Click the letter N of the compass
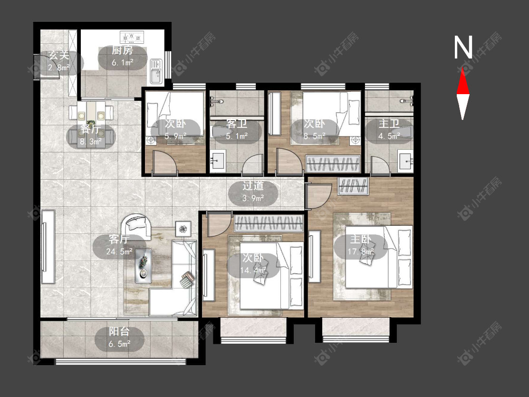tap(463, 47)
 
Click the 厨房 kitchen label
tap(123, 50)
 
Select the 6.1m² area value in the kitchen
tap(123, 62)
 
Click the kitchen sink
tap(156, 71)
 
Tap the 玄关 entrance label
tap(59, 55)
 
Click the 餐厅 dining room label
tap(90, 129)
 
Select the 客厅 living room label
tap(119, 239)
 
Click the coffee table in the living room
tap(144, 266)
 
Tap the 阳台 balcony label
tap(119, 331)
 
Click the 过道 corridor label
tap(253, 186)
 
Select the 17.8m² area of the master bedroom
tap(361, 252)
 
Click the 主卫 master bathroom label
tap(389, 124)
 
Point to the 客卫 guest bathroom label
tap(237, 124)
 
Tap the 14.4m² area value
tap(253, 271)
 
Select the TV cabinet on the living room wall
tap(48, 247)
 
